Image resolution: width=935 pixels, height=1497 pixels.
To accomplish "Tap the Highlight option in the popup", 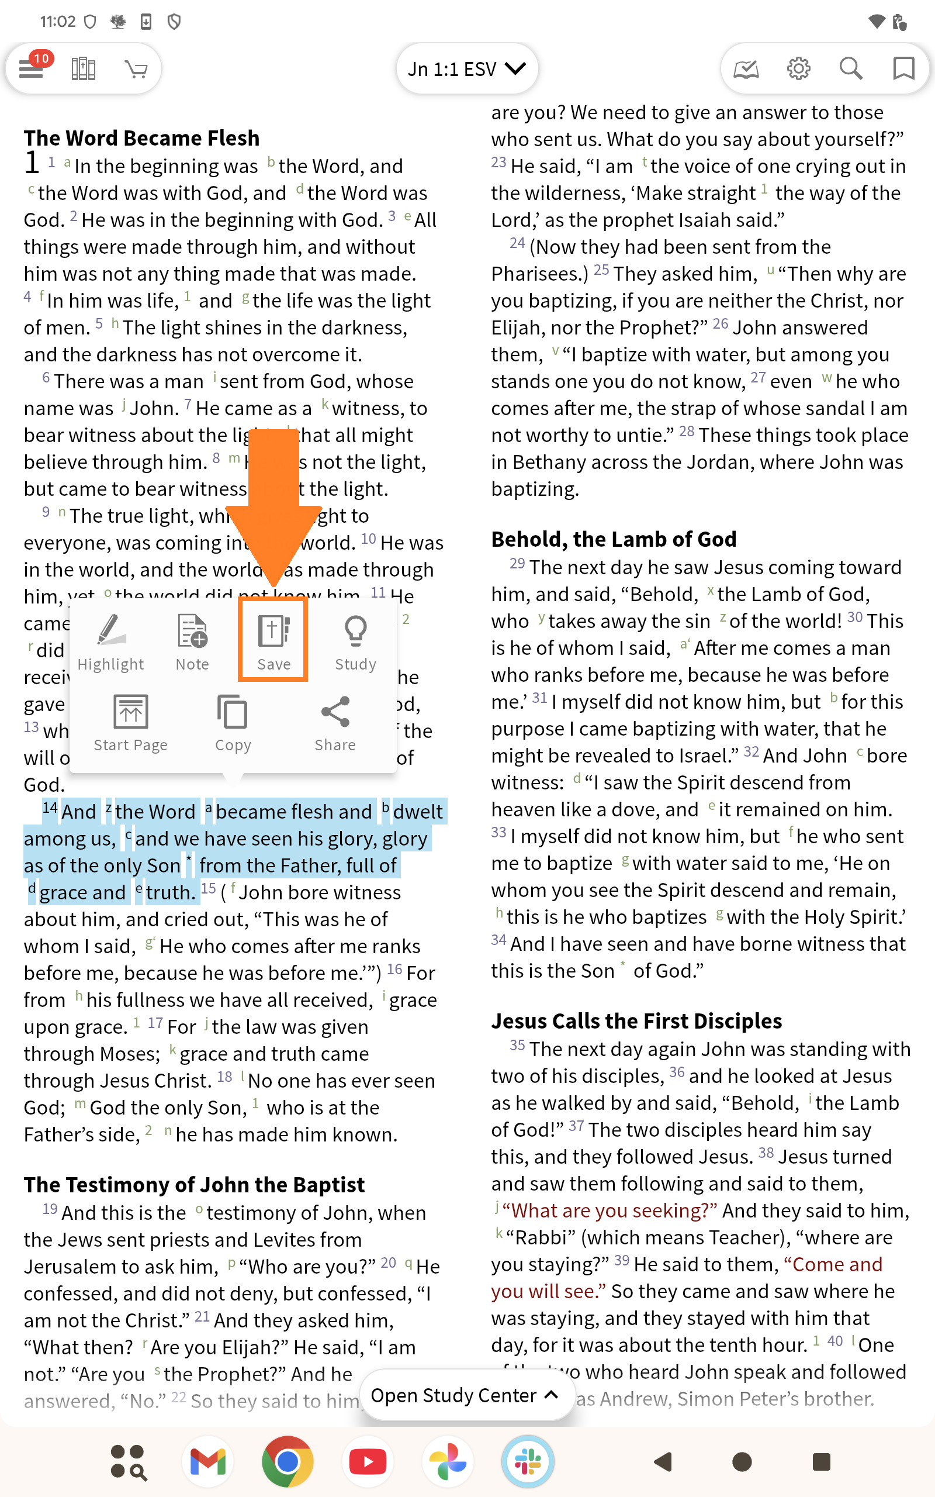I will click(x=110, y=641).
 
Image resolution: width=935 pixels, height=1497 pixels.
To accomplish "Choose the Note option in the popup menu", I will click(x=192, y=641).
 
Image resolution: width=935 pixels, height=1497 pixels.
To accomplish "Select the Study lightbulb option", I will click(x=355, y=641).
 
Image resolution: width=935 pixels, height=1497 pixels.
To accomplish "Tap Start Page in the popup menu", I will click(x=130, y=723).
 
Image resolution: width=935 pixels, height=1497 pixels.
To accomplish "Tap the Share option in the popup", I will click(x=335, y=723).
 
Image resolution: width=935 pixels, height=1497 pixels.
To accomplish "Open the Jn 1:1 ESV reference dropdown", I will click(x=467, y=68).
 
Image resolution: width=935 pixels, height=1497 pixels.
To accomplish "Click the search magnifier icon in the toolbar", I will click(x=851, y=68).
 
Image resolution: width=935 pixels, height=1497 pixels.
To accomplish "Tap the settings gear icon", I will click(x=798, y=68).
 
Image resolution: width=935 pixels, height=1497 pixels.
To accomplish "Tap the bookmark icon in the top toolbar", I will click(x=903, y=68).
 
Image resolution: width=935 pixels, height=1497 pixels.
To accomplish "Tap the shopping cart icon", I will click(x=136, y=68).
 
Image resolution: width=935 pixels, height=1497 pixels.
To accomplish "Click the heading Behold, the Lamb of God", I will click(x=614, y=539).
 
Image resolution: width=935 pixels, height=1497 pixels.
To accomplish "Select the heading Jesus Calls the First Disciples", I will click(x=636, y=1020).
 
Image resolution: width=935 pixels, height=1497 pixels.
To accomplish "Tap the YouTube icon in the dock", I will click(x=368, y=1462).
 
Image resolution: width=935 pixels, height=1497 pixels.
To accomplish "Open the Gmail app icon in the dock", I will click(x=208, y=1462).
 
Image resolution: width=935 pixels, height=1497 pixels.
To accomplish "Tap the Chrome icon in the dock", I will click(x=288, y=1462).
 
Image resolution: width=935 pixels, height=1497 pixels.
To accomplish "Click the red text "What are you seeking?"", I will click(x=610, y=1210).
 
